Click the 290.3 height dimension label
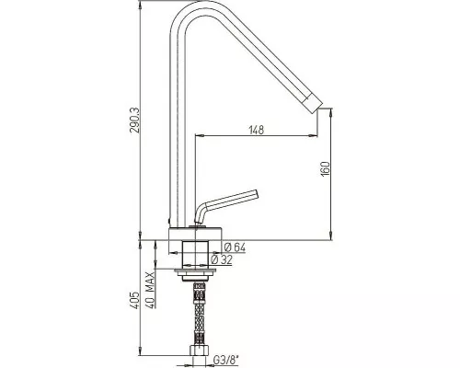[134, 120]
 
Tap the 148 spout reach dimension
[256, 130]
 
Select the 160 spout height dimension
[325, 168]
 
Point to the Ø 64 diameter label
[235, 247]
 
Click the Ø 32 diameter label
[222, 259]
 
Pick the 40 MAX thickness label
[149, 290]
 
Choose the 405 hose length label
[134, 301]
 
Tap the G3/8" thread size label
[225, 361]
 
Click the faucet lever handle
[227, 204]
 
